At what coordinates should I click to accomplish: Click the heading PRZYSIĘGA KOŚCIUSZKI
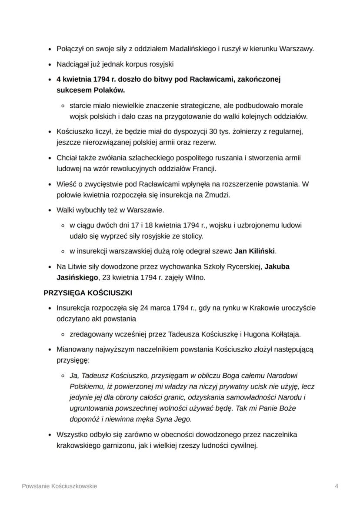coord(88,293)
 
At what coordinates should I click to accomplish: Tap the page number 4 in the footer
coord(337,486)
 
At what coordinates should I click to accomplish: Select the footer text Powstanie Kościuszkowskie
coord(60,486)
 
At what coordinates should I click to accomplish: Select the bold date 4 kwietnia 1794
coord(83,80)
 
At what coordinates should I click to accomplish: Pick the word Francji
coord(203,168)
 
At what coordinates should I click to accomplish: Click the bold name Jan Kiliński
coord(255,251)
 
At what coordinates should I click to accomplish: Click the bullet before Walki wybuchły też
coord(50,210)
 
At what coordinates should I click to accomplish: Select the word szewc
coord(223,251)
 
